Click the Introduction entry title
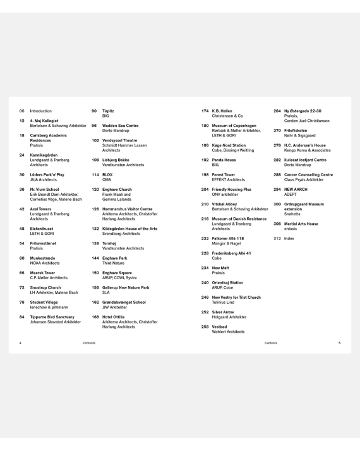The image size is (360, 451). coord(41,111)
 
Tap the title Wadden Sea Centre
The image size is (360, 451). coord(120,125)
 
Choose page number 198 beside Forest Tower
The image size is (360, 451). coord(205,174)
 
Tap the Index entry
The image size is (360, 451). coord(289,238)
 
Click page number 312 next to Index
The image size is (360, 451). coord(277,238)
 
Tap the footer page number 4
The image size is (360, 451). coord(21,343)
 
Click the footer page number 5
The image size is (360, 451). coord(339,343)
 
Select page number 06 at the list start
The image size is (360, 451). coord(21,111)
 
